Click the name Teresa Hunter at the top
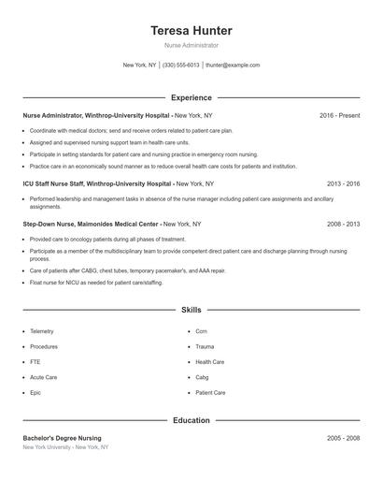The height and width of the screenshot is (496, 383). pos(191,31)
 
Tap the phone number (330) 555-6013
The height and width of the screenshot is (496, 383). pos(180,66)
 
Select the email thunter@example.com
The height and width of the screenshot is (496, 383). pos(233,66)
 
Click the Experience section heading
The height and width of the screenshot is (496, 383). pos(191,97)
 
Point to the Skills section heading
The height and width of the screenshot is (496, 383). pos(191,309)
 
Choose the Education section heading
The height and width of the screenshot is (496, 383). pos(191,420)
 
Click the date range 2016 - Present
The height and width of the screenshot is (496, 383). pos(339,115)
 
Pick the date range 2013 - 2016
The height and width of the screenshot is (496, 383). pos(343,184)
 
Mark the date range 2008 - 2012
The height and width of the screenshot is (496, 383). pos(343,225)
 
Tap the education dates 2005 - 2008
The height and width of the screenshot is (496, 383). pos(343,438)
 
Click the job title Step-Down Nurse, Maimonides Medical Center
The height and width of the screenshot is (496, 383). pos(92,225)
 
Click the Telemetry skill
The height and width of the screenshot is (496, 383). pos(42,331)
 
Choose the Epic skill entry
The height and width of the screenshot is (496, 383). pos(35,393)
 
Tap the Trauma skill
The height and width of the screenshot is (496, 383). pos(206,346)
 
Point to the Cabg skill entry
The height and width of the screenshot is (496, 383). pos(202,377)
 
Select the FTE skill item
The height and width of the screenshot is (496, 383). pos(35,362)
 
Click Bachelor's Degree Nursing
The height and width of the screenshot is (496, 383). pos(63,438)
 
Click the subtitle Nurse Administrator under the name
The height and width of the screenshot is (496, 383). pos(191,45)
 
